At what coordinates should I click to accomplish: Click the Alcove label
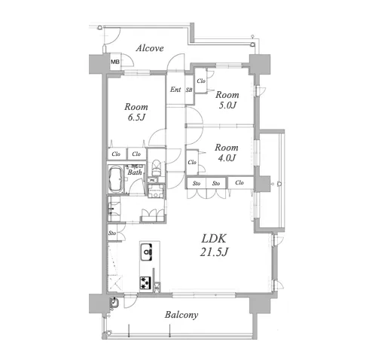(150, 48)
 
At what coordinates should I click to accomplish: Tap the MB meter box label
(115, 62)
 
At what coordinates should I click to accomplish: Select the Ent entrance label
(175, 90)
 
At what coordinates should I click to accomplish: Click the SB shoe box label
(189, 90)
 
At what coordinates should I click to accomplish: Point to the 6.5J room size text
(136, 117)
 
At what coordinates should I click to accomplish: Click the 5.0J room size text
(227, 105)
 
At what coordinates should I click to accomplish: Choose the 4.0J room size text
(227, 158)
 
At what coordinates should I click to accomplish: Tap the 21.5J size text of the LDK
(214, 252)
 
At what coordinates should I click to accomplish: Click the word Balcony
(181, 315)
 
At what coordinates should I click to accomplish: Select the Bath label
(135, 172)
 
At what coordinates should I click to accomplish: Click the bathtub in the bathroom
(115, 178)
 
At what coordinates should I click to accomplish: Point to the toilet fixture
(156, 167)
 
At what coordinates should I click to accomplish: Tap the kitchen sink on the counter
(146, 252)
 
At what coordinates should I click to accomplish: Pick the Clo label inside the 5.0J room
(201, 81)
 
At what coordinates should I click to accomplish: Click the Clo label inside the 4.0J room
(192, 163)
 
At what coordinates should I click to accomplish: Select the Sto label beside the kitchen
(112, 233)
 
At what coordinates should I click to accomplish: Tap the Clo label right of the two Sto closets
(239, 182)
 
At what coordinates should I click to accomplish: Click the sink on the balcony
(114, 303)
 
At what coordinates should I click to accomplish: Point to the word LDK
(214, 239)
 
